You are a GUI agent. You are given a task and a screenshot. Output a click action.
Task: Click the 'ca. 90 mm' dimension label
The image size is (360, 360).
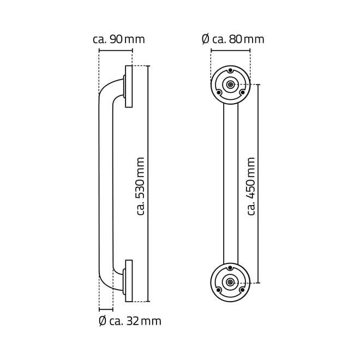coord(119,39)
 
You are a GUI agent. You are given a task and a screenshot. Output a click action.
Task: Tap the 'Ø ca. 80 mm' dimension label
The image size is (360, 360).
coord(233,39)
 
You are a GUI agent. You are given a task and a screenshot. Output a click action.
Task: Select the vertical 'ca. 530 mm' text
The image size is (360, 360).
coord(140,186)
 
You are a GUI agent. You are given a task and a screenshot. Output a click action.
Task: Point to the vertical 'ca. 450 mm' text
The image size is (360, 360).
coord(251,186)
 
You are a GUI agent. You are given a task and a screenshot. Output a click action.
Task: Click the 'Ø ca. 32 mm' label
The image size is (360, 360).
coord(130,321)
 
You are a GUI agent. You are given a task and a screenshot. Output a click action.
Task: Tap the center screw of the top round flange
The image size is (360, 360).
coord(231,85)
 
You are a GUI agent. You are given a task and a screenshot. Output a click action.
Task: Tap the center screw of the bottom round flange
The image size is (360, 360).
coord(231,282)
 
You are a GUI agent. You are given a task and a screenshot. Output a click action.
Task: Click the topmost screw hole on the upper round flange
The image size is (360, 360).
coord(231,71)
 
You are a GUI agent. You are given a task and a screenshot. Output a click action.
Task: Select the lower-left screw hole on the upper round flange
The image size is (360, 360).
coord(219,92)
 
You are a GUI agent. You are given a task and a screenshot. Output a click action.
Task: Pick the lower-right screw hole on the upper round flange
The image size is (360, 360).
coord(243,92)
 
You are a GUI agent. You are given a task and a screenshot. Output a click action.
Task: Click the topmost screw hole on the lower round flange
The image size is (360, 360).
coord(231,268)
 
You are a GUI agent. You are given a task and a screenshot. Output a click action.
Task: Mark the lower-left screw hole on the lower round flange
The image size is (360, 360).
coord(219,290)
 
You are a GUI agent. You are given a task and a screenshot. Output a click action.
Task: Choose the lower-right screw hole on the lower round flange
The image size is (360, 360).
coord(243,290)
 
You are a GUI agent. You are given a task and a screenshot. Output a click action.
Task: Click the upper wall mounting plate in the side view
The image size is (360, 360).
coord(129,86)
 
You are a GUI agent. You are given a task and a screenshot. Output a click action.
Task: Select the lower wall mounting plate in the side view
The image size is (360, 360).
coord(129,281)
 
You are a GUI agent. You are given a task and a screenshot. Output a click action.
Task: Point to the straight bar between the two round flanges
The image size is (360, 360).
coord(231,183)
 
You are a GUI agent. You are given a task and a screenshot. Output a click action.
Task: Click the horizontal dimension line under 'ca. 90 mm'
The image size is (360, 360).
coord(115,51)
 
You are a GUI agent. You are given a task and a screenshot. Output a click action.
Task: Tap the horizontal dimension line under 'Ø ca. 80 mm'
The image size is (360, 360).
coord(230,51)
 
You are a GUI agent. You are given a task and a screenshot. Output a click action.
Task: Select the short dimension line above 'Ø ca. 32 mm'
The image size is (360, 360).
coord(106,309)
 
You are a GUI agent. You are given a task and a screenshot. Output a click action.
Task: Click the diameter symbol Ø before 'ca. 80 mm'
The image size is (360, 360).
coord(205,39)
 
